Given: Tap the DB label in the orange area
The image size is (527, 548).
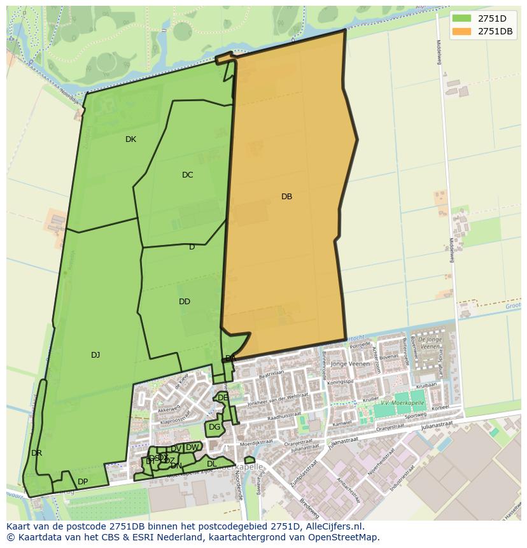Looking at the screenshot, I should [x=286, y=197].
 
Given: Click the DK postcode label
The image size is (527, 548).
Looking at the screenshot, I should [x=130, y=139].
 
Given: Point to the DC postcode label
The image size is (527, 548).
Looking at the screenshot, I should [x=187, y=175].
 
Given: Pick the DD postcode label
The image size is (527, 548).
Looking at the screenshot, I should [x=185, y=302].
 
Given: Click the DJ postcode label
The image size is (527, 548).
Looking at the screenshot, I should [x=95, y=355].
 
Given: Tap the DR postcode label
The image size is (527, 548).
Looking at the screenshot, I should [x=36, y=453].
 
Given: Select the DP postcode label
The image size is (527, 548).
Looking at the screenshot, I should [x=83, y=481].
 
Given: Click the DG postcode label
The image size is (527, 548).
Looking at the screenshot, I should [x=214, y=427].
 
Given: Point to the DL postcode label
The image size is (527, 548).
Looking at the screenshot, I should [x=212, y=464].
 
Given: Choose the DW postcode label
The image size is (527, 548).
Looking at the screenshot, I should [x=192, y=447].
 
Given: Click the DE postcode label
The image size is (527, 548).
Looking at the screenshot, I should [x=223, y=398].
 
